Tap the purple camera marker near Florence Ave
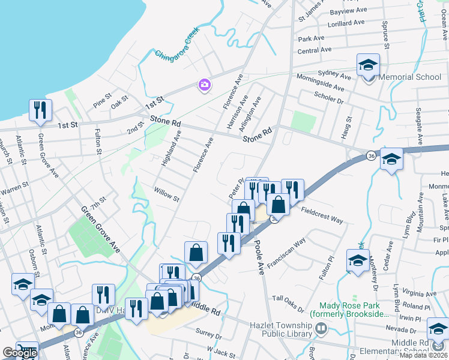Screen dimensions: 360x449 coord(204,85)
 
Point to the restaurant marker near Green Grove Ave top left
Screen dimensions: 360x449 coord(40,110)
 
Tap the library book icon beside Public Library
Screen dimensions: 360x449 coord(322,328)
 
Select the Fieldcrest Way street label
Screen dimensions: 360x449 coord(322,215)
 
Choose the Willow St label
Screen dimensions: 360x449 coord(166,195)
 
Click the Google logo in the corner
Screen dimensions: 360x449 coord(20,353)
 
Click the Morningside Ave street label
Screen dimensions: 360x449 coord(322,87)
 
